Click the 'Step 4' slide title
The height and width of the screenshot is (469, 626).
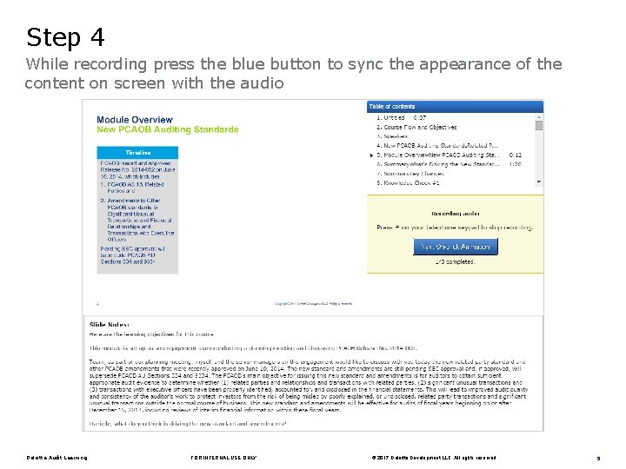coord(65,37)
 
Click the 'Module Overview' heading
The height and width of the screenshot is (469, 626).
coord(135,120)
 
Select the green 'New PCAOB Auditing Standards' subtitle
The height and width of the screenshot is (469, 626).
coord(167,129)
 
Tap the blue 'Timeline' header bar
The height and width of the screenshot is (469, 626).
coord(137,152)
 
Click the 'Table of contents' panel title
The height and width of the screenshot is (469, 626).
coord(392,106)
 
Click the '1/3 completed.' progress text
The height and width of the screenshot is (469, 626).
coord(456,261)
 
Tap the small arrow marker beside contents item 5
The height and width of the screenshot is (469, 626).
coord(372,155)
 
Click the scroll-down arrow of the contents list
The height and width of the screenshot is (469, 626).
coord(538,182)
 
